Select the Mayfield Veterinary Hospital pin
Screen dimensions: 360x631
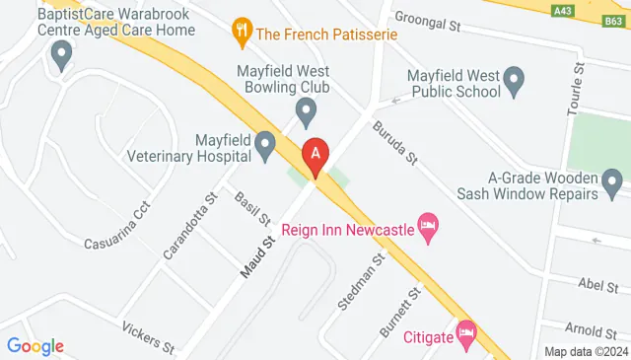click(x=265, y=147)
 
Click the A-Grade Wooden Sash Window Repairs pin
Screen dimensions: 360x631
click(x=612, y=180)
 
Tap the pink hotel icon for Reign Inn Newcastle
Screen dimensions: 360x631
click(x=428, y=227)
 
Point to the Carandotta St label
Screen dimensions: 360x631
click(x=188, y=225)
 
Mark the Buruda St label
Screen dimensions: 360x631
click(x=397, y=142)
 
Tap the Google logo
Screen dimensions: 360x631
click(x=35, y=345)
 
